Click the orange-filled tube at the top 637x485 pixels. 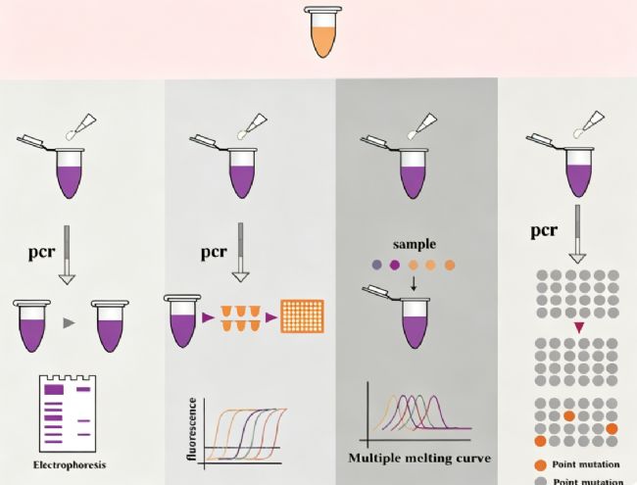point(323,31)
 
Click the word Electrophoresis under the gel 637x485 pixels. point(70,465)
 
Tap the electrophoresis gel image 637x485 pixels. point(68,413)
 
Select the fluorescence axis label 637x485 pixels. point(192,429)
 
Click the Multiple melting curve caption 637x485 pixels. point(419,459)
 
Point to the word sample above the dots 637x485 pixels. point(415,244)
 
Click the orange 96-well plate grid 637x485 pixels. point(303,316)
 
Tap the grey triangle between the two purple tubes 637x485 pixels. point(70,323)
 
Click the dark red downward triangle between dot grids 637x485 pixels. point(579,327)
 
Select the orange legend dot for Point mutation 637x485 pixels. point(540,465)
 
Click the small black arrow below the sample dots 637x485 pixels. point(414,283)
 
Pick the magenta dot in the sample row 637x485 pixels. point(395,266)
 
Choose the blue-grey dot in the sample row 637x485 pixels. point(376,266)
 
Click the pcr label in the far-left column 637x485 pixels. point(41,252)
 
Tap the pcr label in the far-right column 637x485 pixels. point(544,230)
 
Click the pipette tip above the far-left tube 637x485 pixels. point(82,127)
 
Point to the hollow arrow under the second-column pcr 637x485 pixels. point(240,252)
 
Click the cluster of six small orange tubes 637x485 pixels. point(240,318)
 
